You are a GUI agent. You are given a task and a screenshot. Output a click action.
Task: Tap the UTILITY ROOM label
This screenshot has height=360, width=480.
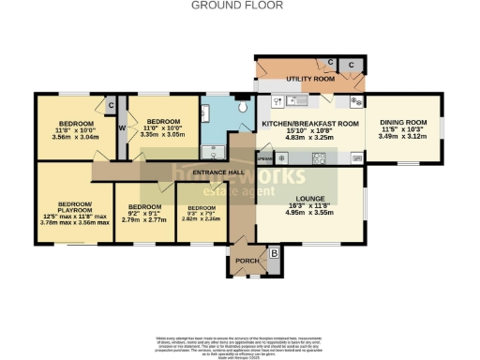pyautogui.click(x=310, y=80)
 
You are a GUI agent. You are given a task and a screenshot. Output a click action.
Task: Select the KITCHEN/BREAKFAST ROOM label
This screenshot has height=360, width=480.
pyautogui.click(x=309, y=124)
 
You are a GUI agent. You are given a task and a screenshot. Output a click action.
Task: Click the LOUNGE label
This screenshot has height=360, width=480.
pyautogui.click(x=308, y=199)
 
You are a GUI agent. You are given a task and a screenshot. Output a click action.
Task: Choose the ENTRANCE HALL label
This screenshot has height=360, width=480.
pyautogui.click(x=217, y=173)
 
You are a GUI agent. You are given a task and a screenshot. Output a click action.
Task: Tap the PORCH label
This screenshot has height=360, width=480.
pyautogui.click(x=247, y=261)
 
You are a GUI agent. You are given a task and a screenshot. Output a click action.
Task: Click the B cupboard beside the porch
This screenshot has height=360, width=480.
pyautogui.click(x=274, y=252)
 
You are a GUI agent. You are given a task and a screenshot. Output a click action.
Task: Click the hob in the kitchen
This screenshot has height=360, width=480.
pyautogui.click(x=319, y=157)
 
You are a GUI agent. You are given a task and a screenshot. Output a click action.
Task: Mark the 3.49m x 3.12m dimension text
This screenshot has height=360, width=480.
pyautogui.click(x=402, y=137)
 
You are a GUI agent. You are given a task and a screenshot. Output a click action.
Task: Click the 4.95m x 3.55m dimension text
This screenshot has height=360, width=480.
pyautogui.click(x=308, y=214)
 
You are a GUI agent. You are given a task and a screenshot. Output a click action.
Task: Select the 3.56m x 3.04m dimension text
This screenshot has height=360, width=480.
pyautogui.click(x=76, y=137)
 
